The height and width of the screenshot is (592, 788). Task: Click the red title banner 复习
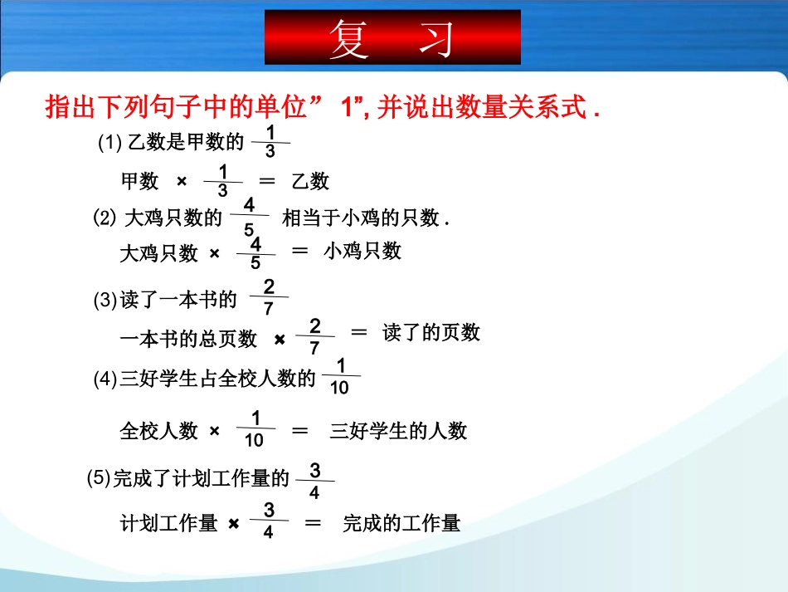[x=392, y=38]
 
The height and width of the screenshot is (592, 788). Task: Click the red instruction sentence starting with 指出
[x=323, y=108]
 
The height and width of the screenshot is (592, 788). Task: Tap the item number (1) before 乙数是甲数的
[x=110, y=144]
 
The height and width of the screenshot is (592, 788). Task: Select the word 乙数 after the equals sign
[x=309, y=180]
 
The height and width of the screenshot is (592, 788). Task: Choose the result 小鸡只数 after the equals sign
[x=362, y=251]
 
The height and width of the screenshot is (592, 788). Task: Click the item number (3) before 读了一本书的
[x=105, y=301]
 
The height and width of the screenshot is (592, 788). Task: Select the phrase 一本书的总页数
[x=188, y=338]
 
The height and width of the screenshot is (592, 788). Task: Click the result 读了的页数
[x=431, y=333]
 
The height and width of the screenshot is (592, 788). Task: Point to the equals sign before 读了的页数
[x=358, y=332]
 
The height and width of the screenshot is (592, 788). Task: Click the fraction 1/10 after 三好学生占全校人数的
[x=340, y=377]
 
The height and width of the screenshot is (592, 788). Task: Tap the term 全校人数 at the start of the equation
[x=159, y=431]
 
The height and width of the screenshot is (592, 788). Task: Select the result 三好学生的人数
[x=399, y=431]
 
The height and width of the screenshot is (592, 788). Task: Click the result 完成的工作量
[x=401, y=523]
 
